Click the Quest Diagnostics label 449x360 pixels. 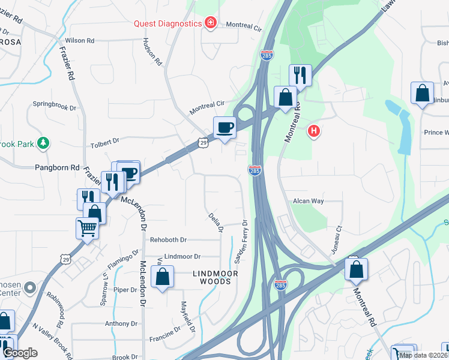pyautogui.click(x=167, y=23)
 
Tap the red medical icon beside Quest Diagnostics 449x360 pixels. pyautogui.click(x=210, y=23)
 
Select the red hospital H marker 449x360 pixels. pyautogui.click(x=313, y=131)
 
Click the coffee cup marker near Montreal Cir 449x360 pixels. pyautogui.click(x=224, y=128)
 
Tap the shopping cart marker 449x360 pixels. pyautogui.click(x=87, y=229)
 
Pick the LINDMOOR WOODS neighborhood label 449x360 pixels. pyautogui.click(x=215, y=277)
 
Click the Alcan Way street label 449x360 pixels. pyautogui.click(x=309, y=201)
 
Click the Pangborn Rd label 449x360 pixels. pyautogui.click(x=58, y=168)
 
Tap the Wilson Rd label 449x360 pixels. pyautogui.click(x=80, y=41)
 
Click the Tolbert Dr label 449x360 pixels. pyautogui.click(x=105, y=140)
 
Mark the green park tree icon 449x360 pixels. pyautogui.click(x=43, y=143)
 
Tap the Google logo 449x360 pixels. pyautogui.click(x=20, y=353)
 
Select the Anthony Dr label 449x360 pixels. pyautogui.click(x=121, y=323)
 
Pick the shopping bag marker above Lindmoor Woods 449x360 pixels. pyautogui.click(x=163, y=277)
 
